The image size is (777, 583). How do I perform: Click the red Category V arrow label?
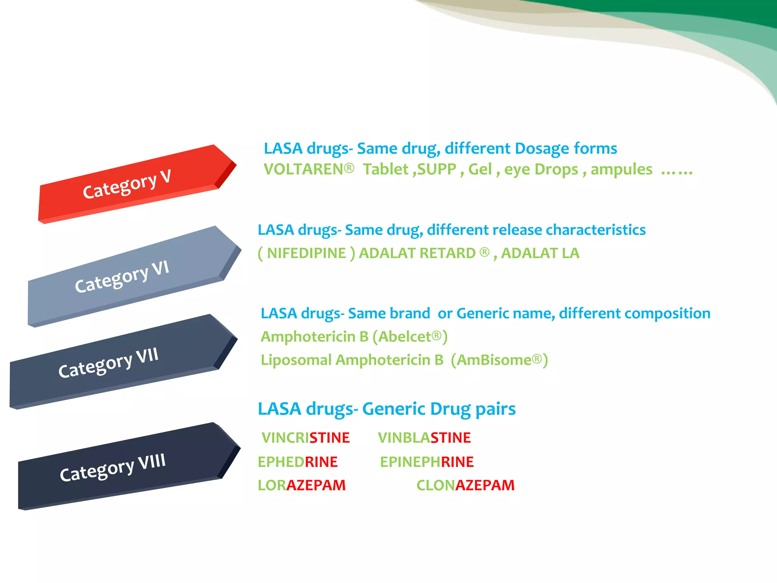tap(127, 184)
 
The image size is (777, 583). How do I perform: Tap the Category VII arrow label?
tap(108, 362)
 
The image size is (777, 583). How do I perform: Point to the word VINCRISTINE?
tap(305, 438)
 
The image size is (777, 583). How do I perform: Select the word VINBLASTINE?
tap(424, 438)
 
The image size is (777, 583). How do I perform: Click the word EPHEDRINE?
tap(297, 462)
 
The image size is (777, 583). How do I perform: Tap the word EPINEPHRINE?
tap(427, 462)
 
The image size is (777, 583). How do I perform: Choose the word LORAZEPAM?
tap(302, 485)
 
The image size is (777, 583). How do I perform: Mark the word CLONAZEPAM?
tap(466, 485)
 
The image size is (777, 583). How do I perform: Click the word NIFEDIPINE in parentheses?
tap(306, 253)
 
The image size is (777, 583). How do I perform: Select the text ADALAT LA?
tap(540, 253)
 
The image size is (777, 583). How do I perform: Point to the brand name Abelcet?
tap(405, 337)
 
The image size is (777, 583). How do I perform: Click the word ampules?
tap(621, 170)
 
